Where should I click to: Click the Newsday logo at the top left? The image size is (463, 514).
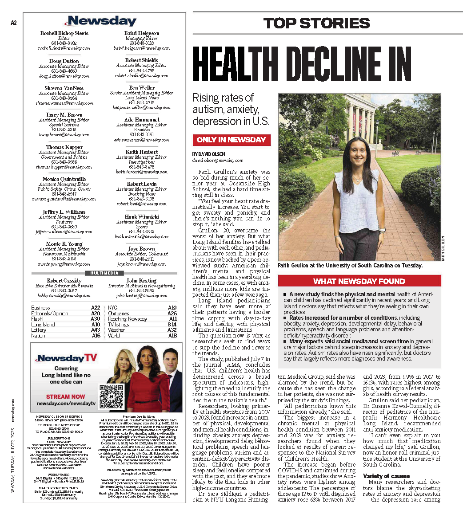(102, 21)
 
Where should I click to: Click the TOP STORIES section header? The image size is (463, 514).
(316, 23)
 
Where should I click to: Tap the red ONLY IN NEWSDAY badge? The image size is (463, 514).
(231, 140)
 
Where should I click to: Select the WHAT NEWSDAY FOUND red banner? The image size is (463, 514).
(359, 281)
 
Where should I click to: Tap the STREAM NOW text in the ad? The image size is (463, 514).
(66, 396)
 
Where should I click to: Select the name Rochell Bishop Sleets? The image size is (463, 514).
(64, 33)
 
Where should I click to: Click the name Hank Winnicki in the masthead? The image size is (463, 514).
(142, 217)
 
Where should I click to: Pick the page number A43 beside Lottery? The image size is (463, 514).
(95, 330)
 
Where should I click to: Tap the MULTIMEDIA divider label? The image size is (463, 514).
(104, 273)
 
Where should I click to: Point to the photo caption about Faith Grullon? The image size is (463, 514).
(350, 266)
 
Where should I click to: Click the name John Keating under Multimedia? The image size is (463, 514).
(141, 281)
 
